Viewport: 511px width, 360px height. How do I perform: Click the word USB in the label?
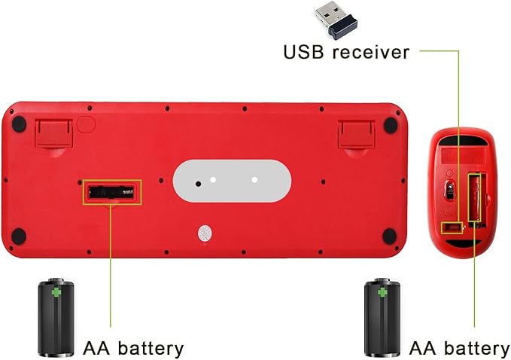tap(302, 53)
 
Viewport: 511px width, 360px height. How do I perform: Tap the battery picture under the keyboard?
tap(56, 318)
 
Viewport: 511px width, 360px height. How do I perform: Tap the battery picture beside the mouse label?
tap(382, 318)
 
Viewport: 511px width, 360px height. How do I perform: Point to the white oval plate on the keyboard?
tap(232, 180)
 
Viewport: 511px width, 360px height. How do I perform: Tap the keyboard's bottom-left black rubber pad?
tap(20, 236)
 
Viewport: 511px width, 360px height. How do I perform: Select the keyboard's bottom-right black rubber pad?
tap(389, 237)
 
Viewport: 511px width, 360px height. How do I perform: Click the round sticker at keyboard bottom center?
tap(205, 234)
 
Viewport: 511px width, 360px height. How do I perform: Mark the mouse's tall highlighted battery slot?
tap(475, 197)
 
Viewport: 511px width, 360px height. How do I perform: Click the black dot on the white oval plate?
tap(199, 182)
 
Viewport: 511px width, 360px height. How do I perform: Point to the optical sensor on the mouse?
tap(450, 192)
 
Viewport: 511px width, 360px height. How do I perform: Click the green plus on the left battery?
tap(56, 291)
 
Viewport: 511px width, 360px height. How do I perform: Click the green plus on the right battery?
tap(382, 291)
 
